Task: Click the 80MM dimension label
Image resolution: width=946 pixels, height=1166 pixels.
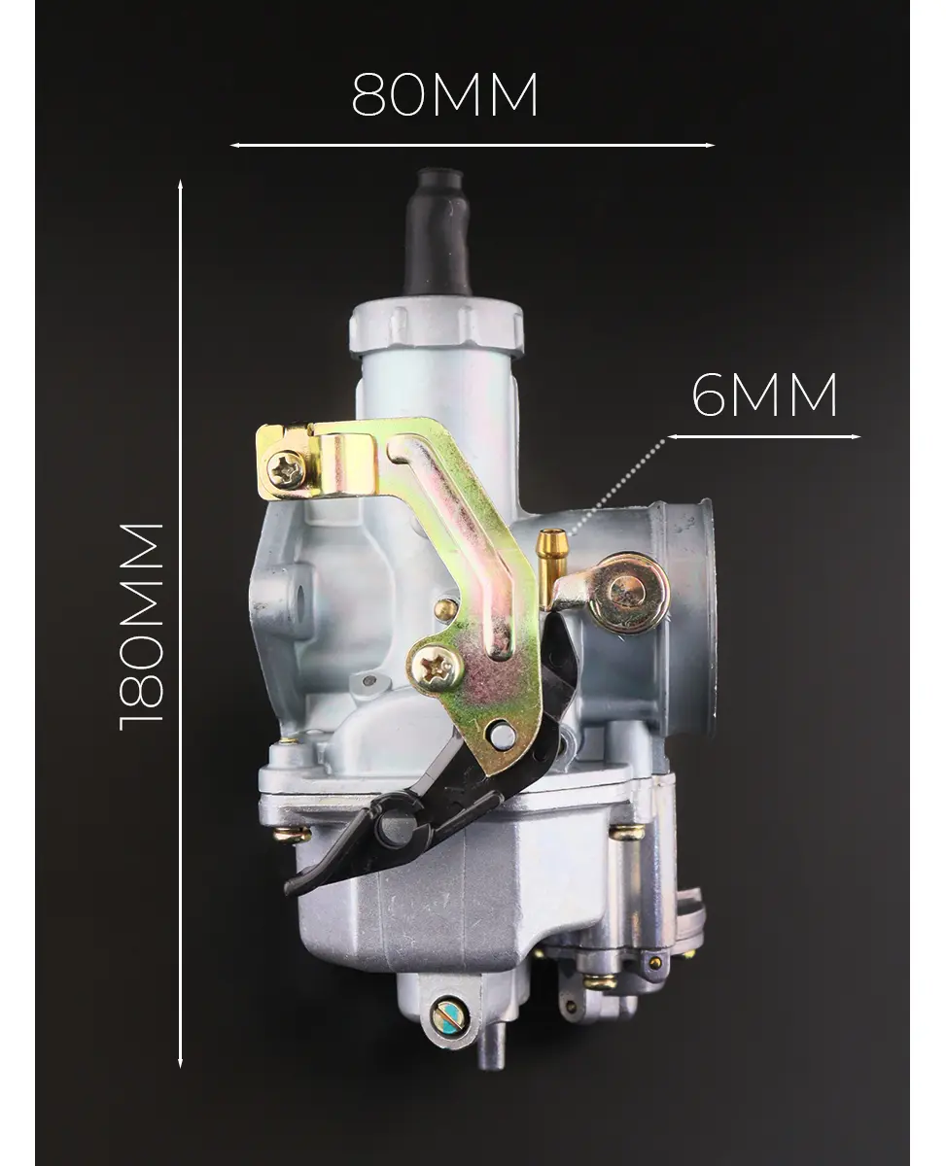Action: (444, 95)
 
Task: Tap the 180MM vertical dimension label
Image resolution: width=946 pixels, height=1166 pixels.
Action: (141, 627)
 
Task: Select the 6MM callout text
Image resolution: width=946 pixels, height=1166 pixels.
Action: (764, 394)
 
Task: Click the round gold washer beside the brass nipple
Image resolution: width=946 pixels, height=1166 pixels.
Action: (628, 593)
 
